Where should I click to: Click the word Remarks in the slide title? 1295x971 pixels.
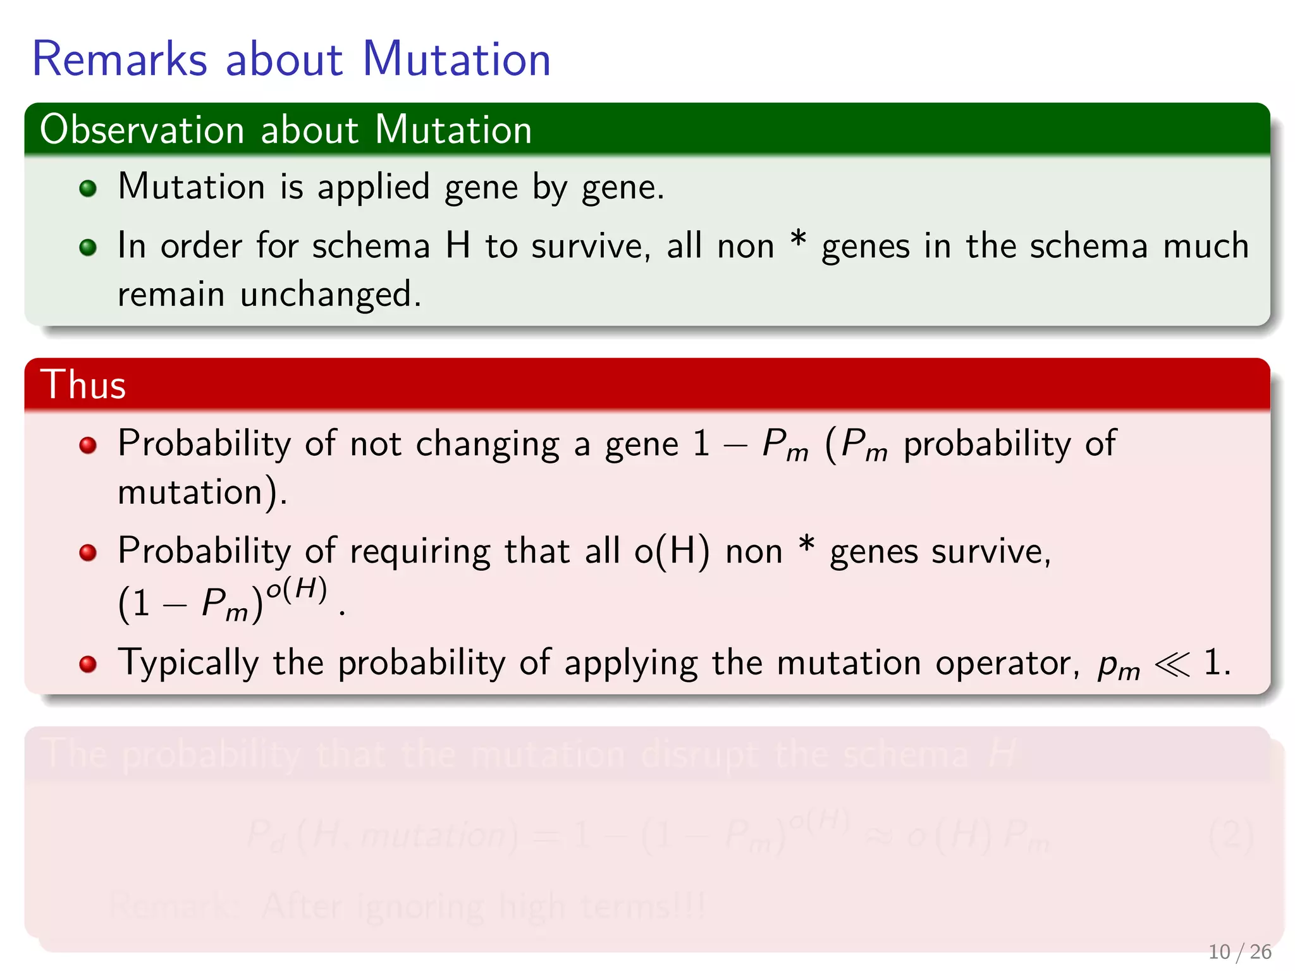[x=120, y=59]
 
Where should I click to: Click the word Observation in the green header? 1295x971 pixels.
[x=142, y=130]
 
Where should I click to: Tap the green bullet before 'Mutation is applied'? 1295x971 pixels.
[x=88, y=188]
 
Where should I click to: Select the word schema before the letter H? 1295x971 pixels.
[x=371, y=246]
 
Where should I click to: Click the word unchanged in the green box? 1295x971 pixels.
[x=329, y=295]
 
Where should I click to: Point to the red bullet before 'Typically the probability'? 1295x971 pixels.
[x=88, y=664]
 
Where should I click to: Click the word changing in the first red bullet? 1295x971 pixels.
[x=488, y=444]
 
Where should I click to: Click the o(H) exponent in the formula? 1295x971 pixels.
[x=297, y=590]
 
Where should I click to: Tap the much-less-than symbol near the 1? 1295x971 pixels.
[x=1172, y=664]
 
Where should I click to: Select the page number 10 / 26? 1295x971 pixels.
[x=1239, y=951]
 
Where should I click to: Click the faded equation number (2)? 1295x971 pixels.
[x=1231, y=836]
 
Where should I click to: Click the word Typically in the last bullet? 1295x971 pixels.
[x=188, y=664]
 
